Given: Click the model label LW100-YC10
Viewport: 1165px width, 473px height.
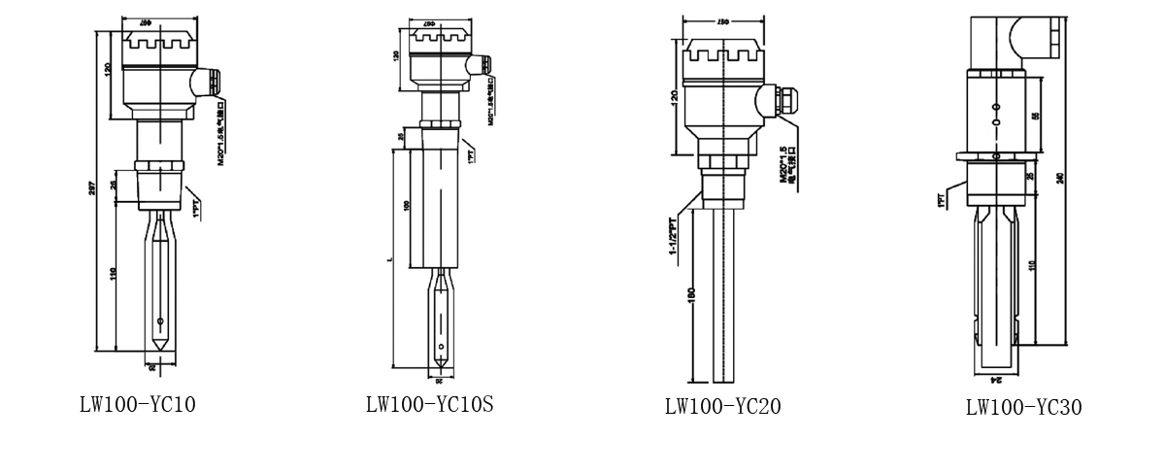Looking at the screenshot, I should [x=137, y=404].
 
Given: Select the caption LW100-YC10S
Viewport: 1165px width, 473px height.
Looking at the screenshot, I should [x=429, y=404].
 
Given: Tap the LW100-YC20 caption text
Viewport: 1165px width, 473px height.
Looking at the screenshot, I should [x=722, y=406].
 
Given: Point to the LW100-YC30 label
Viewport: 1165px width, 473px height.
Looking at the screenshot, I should [x=1023, y=407].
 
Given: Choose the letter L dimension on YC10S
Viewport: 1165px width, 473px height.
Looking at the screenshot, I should [x=389, y=261].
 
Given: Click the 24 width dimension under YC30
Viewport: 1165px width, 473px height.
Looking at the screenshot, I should [x=995, y=382].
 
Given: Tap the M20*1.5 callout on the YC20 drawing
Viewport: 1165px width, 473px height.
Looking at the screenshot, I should [x=785, y=165].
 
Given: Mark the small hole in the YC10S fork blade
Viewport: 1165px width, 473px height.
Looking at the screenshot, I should [x=441, y=347].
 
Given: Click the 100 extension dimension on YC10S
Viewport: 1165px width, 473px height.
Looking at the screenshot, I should [x=407, y=205].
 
